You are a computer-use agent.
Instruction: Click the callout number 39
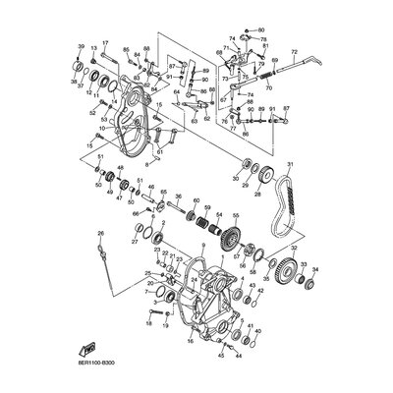80,46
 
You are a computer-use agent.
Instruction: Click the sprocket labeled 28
270,181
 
